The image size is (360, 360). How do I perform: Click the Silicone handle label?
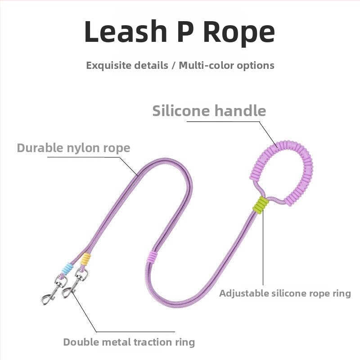tap(209, 110)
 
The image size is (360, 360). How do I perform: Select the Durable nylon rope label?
tap(73, 148)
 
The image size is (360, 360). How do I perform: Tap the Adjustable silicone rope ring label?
tap(285, 293)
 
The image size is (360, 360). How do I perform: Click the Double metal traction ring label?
tap(129, 342)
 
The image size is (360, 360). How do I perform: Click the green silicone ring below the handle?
tap(261, 205)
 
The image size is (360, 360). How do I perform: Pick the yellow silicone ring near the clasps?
tap(85, 259)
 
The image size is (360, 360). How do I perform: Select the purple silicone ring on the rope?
tap(154, 257)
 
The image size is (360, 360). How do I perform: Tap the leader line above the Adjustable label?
tap(263, 252)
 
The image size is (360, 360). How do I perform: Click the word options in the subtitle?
tap(256, 65)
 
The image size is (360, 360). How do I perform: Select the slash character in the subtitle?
tap(173, 65)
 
